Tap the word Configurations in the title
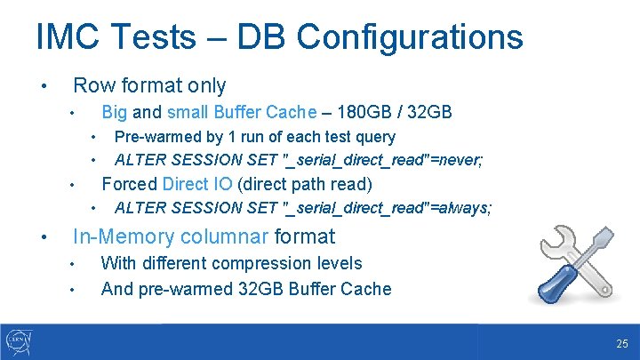[x=410, y=37]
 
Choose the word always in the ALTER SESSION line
[x=466, y=208]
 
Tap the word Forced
[x=130, y=184]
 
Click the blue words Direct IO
[x=197, y=184]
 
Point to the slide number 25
[x=620, y=343]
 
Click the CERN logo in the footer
[x=18, y=341]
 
